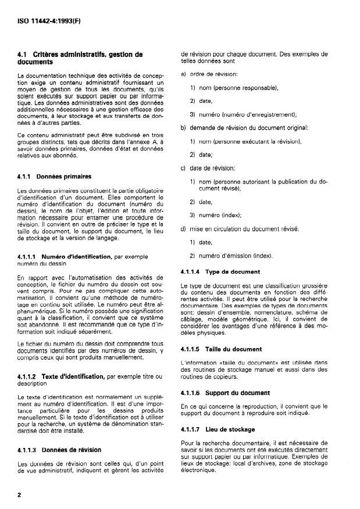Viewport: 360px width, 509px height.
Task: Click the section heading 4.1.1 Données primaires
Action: pos(54,175)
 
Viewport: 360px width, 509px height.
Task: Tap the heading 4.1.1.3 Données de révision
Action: pos(59,450)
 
